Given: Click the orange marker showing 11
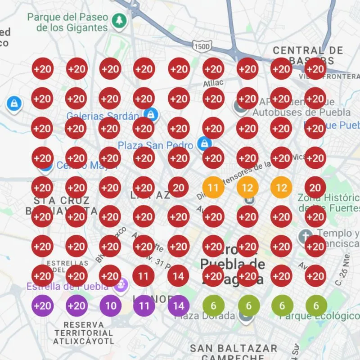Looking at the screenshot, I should click(x=213, y=187).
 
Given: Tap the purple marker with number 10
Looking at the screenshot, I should click(x=110, y=306).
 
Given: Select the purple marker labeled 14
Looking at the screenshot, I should click(x=179, y=306).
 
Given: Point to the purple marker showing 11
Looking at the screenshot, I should click(x=144, y=306).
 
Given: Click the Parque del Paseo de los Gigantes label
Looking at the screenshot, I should click(x=67, y=22).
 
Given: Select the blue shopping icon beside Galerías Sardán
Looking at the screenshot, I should click(x=150, y=114).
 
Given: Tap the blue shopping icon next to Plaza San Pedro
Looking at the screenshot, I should click(x=205, y=144).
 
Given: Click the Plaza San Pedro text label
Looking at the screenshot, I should click(x=155, y=145).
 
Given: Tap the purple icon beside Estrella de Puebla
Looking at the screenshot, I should click(x=120, y=285).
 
